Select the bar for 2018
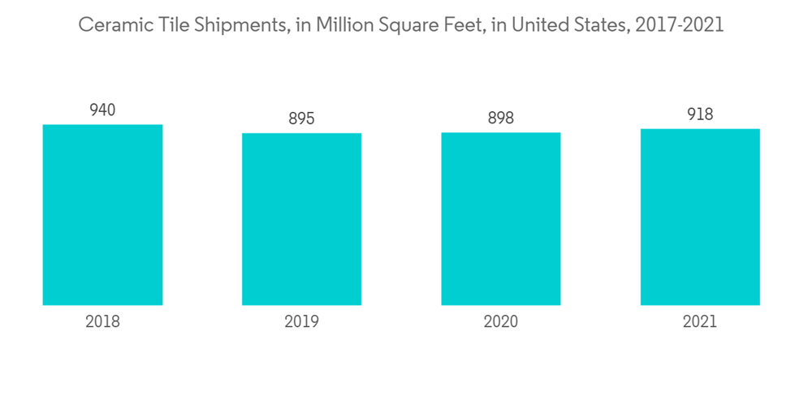tap(102, 215)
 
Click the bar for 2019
tap(301, 219)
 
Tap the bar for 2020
tap(501, 219)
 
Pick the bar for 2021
tap(700, 217)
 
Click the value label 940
tap(102, 110)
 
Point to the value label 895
tap(301, 119)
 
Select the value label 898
tap(501, 118)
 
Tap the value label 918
tap(700, 114)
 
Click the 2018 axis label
tap(102, 321)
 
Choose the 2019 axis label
tap(301, 321)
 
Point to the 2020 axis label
tap(501, 321)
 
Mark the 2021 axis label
tap(700, 321)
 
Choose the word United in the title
tap(522, 25)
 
